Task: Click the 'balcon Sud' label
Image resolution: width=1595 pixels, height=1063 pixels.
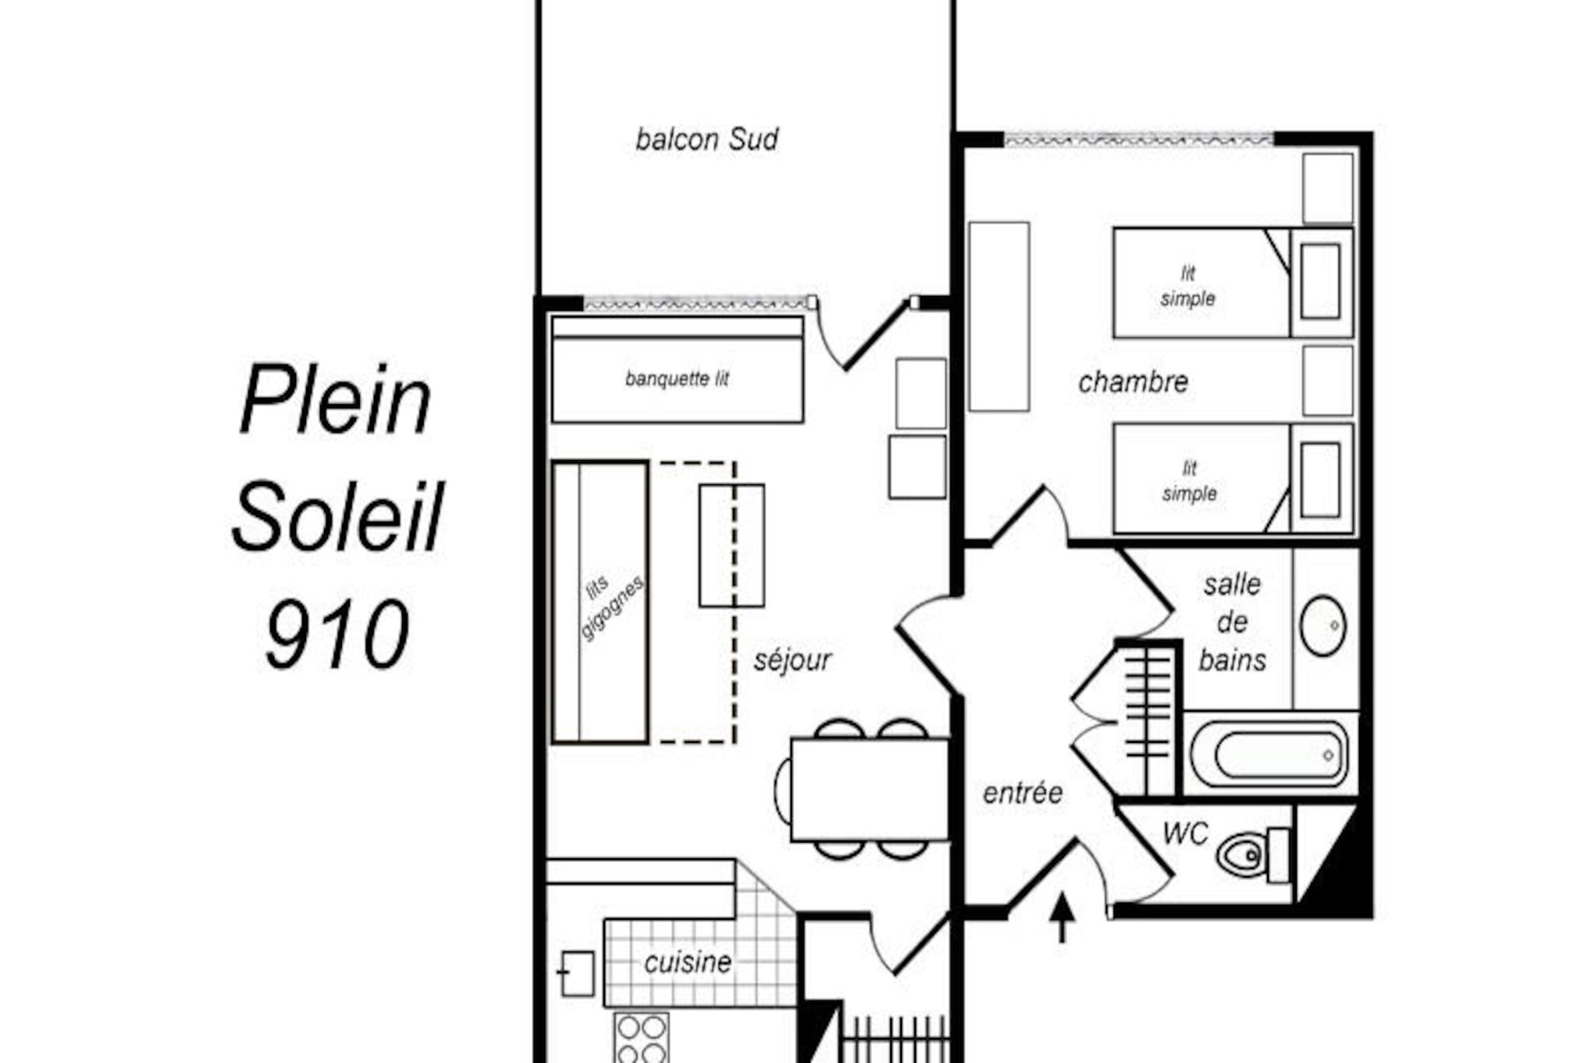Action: [x=706, y=139]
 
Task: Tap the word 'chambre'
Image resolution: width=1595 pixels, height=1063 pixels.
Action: [x=1132, y=382]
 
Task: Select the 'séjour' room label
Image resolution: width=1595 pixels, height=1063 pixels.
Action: [x=792, y=660]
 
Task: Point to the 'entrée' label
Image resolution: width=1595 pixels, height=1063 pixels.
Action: [x=1023, y=793]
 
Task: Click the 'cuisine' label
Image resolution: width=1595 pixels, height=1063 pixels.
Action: [x=688, y=963]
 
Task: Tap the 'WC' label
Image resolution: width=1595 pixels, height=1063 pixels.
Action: [x=1185, y=833]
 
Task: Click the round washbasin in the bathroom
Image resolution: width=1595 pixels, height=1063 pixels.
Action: [x=1322, y=625]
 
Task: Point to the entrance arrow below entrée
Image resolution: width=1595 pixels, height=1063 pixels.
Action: [x=1062, y=917]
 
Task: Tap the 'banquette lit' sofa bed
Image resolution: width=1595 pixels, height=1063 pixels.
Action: [x=677, y=370]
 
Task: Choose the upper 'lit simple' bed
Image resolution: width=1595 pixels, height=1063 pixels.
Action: [x=1233, y=283]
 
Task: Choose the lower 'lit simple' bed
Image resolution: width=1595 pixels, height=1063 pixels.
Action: [x=1233, y=478]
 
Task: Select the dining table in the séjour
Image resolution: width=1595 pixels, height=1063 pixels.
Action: [x=870, y=790]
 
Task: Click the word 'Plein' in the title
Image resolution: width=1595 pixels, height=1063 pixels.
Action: [x=336, y=400]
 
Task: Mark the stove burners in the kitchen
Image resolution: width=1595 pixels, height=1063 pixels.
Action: [x=641, y=1038]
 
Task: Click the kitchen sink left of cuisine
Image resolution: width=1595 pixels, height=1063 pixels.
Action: [x=577, y=973]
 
